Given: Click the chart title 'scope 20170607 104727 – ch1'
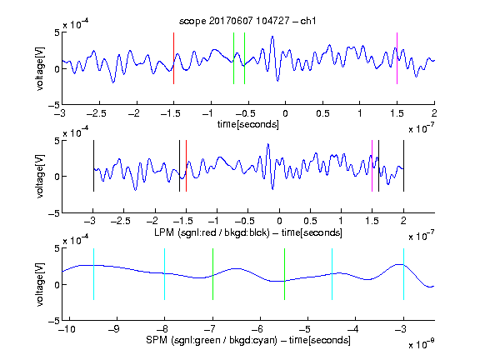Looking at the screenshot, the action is tap(247, 21).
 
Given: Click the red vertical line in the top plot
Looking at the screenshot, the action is tap(173, 58).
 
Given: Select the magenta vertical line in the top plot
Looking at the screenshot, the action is tap(397, 58).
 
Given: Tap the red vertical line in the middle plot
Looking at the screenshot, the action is tap(186, 166).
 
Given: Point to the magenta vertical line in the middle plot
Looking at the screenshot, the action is tap(372, 166).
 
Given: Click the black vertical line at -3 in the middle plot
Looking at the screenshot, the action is tap(93, 166).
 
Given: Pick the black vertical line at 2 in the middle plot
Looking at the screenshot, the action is tap(403, 166).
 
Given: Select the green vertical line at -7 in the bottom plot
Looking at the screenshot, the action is tap(212, 274).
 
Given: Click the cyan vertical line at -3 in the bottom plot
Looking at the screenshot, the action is tap(403, 274).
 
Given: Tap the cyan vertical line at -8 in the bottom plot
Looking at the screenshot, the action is tap(165, 274).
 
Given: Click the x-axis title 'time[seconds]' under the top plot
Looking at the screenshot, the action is tap(248, 124).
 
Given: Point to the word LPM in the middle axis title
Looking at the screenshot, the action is tap(164, 232).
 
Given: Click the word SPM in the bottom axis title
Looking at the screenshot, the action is tap(157, 340).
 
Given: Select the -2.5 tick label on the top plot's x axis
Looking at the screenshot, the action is tap(96, 113).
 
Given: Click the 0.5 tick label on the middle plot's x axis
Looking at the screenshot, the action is tap(310, 221).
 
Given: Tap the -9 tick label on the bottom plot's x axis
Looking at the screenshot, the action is tap(114, 329).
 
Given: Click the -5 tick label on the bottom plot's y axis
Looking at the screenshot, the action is tap(54, 321).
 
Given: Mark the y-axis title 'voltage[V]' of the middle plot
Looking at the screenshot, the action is tap(40, 177).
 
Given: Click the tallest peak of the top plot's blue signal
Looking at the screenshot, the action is tap(272, 37).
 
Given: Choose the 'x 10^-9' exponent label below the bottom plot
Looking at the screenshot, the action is tap(421, 344).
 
